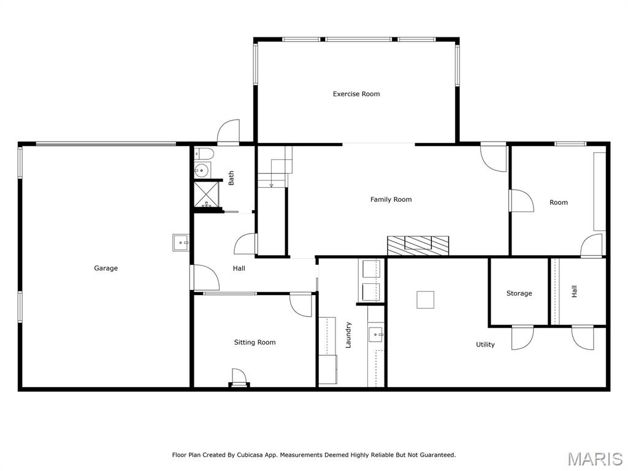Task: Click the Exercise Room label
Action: (x=356, y=94)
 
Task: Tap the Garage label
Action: (x=105, y=268)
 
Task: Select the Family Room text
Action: (x=391, y=199)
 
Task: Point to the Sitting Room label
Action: (x=255, y=342)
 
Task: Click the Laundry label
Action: (x=348, y=335)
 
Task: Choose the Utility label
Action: (x=485, y=345)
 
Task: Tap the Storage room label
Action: (x=519, y=293)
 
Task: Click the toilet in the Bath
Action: (x=204, y=153)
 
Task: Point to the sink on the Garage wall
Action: (x=181, y=243)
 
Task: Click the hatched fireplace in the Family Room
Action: (x=418, y=245)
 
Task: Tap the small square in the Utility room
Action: (x=426, y=299)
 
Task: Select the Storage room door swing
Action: (x=522, y=337)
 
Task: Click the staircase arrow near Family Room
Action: (x=271, y=185)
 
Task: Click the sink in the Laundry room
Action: (x=375, y=334)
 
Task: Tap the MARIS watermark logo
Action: (x=594, y=459)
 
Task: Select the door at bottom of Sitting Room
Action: (x=239, y=377)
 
